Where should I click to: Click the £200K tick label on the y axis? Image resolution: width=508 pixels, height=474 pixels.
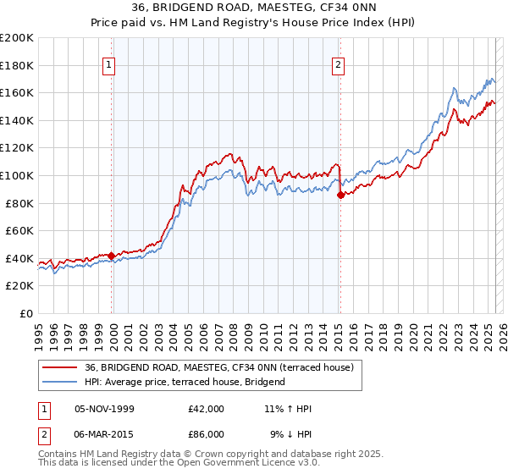coord(17,38)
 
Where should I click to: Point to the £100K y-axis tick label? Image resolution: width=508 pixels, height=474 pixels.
coord(17,175)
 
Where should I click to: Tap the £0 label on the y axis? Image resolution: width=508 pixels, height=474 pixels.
coord(25,313)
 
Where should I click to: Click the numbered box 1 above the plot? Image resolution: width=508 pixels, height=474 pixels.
coord(111,65)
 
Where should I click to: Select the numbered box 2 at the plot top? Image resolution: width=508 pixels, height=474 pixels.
coord(339,65)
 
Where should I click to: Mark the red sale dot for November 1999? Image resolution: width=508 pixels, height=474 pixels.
coord(111,255)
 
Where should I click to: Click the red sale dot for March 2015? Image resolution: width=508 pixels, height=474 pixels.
coord(340,195)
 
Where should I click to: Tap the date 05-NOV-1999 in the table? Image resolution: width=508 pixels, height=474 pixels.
coord(103,409)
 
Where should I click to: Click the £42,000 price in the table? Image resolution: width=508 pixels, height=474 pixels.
coord(207,409)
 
